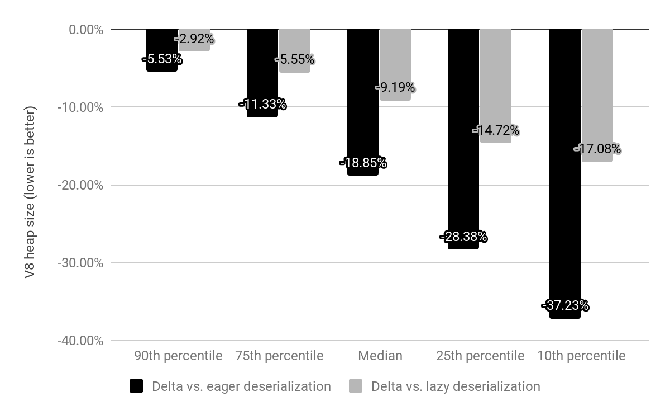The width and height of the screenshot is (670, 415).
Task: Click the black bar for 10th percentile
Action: pyautogui.click(x=565, y=168)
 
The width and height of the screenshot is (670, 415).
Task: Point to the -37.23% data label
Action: pyautogui.click(x=565, y=306)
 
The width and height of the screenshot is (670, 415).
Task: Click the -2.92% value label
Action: pyautogui.click(x=194, y=39)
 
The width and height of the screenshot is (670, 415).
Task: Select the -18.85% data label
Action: pyautogui.click(x=363, y=163)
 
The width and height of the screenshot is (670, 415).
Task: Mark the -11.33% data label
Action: pyautogui.click(x=262, y=104)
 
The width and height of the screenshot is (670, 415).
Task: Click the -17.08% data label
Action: pyautogui.click(x=597, y=149)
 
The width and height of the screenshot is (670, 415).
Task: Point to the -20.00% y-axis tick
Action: pyautogui.click(x=80, y=185)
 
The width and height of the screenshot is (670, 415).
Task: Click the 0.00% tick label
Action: pyautogui.click(x=86, y=30)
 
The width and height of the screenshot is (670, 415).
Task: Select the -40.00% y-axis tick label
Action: pyautogui.click(x=80, y=341)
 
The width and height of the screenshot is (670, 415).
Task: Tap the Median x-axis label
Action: pyautogui.click(x=380, y=356)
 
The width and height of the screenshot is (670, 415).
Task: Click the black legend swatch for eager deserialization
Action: pyautogui.click(x=136, y=386)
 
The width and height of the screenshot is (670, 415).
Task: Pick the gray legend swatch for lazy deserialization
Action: pyautogui.click(x=356, y=386)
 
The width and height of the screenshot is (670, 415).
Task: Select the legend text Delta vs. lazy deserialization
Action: pyautogui.click(x=456, y=386)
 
